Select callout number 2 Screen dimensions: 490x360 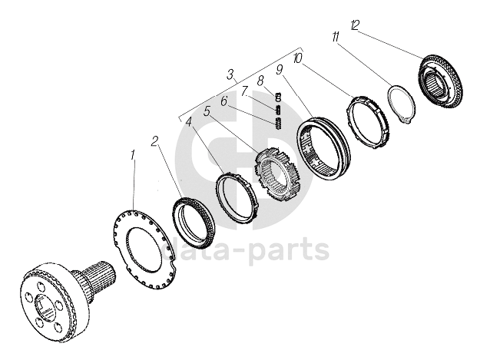(155, 142)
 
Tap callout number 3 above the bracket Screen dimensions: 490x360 (230, 75)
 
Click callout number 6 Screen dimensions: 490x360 (223, 101)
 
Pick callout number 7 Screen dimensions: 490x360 (244, 91)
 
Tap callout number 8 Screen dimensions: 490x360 (260, 80)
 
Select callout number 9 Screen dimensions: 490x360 (280, 69)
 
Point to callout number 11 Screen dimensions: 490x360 (336, 36)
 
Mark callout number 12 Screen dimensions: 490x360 (355, 25)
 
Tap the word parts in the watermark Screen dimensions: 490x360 (293, 249)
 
